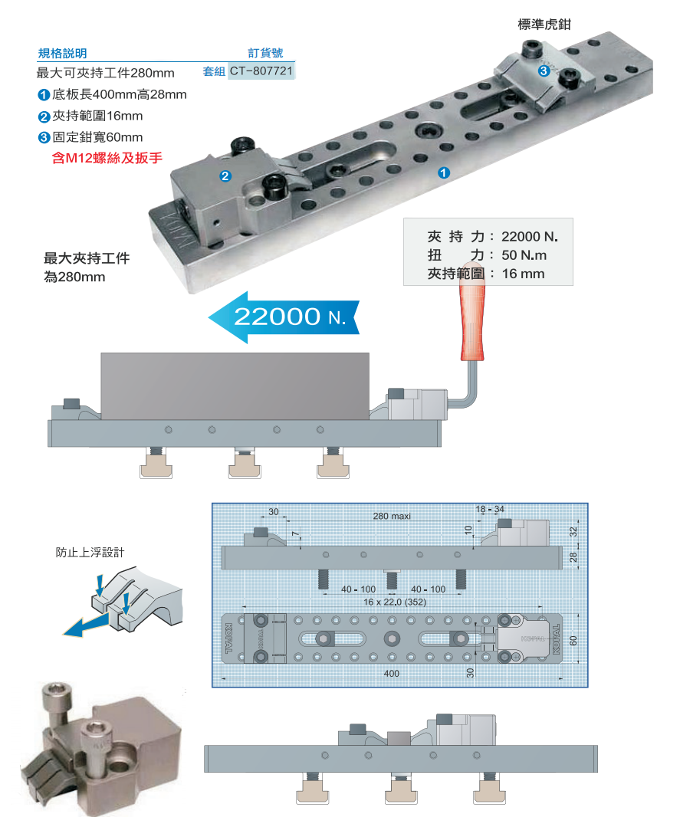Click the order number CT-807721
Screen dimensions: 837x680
click(262, 71)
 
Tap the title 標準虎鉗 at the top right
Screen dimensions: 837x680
click(544, 25)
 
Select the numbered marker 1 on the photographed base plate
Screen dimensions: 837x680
click(443, 173)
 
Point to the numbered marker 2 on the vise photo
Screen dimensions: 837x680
click(225, 176)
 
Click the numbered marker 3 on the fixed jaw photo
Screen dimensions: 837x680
click(543, 71)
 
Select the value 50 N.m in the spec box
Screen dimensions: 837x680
click(524, 255)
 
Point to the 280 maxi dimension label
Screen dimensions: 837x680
click(392, 516)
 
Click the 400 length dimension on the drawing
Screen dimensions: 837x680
click(392, 672)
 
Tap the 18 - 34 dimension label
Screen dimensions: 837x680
click(490, 510)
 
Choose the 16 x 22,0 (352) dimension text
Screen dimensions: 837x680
click(396, 602)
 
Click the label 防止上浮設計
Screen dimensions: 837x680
click(92, 552)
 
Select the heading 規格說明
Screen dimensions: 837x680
click(63, 54)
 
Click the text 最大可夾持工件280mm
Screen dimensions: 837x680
click(106, 74)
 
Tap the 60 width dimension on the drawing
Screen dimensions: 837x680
click(573, 638)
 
